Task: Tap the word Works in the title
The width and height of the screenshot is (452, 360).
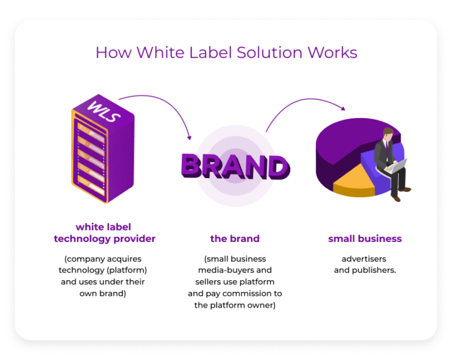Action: click(x=332, y=52)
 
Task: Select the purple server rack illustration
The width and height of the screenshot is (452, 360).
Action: click(x=103, y=152)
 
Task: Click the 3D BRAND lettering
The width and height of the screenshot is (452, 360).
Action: click(x=235, y=166)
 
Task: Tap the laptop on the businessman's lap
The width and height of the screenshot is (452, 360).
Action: click(x=397, y=166)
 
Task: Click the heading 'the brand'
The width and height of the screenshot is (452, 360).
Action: click(x=235, y=238)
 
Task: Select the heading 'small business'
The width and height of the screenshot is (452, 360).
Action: click(x=365, y=238)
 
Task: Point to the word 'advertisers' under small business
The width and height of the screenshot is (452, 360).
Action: click(x=364, y=259)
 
